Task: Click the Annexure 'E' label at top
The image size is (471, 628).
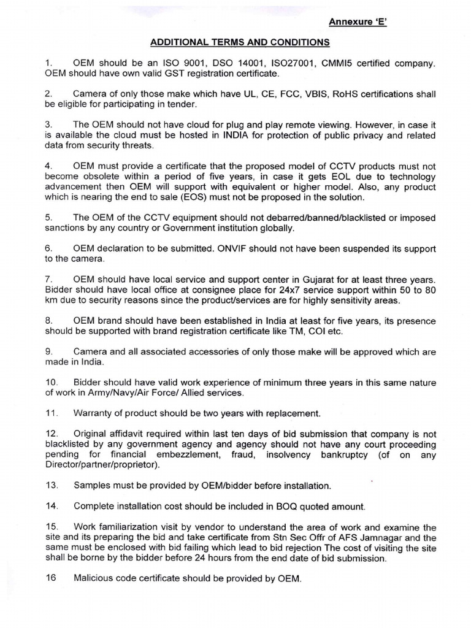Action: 356,23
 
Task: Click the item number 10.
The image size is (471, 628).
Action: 52,383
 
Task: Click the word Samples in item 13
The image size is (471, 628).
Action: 92,486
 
